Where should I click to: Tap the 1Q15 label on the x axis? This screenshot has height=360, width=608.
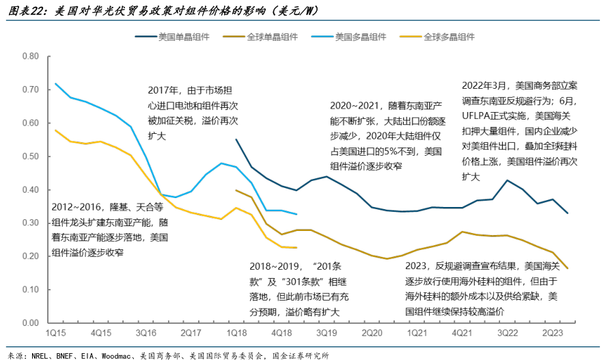click(55, 333)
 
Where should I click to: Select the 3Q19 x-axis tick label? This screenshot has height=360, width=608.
click(327, 333)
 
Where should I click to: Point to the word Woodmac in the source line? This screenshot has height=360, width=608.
click(117, 355)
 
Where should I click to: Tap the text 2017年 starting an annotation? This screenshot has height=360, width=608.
click(163, 89)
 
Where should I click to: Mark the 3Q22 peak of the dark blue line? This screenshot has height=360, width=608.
click(507, 180)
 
